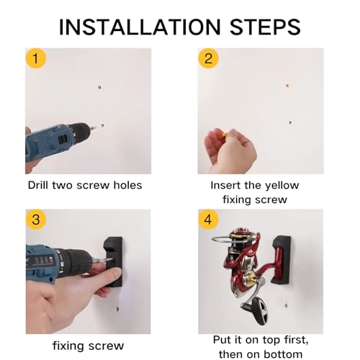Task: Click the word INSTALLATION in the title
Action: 140,27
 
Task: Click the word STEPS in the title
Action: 265,27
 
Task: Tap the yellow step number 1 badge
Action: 35,58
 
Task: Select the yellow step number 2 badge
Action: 208,58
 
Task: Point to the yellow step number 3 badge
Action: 36,220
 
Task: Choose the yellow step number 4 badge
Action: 208,220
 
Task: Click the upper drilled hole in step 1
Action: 99,87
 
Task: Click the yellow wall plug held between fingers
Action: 225,134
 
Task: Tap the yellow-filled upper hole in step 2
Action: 287,86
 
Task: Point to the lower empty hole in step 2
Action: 290,122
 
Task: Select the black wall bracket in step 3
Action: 113,262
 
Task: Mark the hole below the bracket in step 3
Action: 117,309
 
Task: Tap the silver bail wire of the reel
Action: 222,238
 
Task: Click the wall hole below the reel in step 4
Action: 286,306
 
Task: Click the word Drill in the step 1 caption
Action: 38,185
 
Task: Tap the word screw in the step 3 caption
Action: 106,346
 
